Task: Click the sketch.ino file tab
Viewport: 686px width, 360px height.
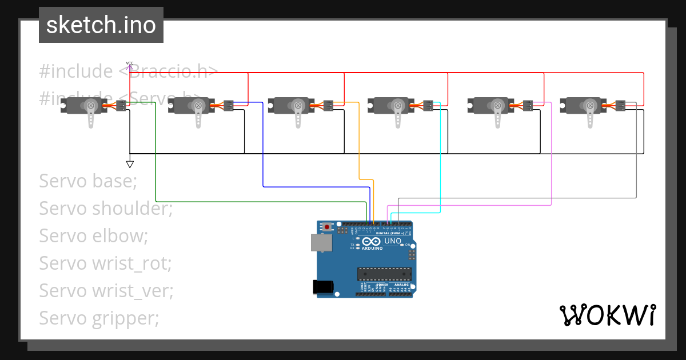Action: point(101,25)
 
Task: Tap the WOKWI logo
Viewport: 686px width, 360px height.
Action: point(607,315)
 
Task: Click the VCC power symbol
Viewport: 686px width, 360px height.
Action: point(130,65)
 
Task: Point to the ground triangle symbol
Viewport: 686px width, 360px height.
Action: point(130,164)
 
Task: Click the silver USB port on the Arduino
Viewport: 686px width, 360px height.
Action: point(321,243)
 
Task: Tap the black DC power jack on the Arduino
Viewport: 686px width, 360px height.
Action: point(324,287)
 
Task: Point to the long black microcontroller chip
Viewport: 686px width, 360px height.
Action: point(384,275)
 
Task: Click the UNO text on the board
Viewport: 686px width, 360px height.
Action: point(392,241)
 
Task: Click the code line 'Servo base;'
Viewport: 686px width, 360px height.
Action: point(88,181)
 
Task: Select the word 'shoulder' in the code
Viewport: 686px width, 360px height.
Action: point(131,209)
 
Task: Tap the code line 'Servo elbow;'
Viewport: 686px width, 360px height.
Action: point(93,236)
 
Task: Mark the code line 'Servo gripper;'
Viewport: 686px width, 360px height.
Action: point(99,318)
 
